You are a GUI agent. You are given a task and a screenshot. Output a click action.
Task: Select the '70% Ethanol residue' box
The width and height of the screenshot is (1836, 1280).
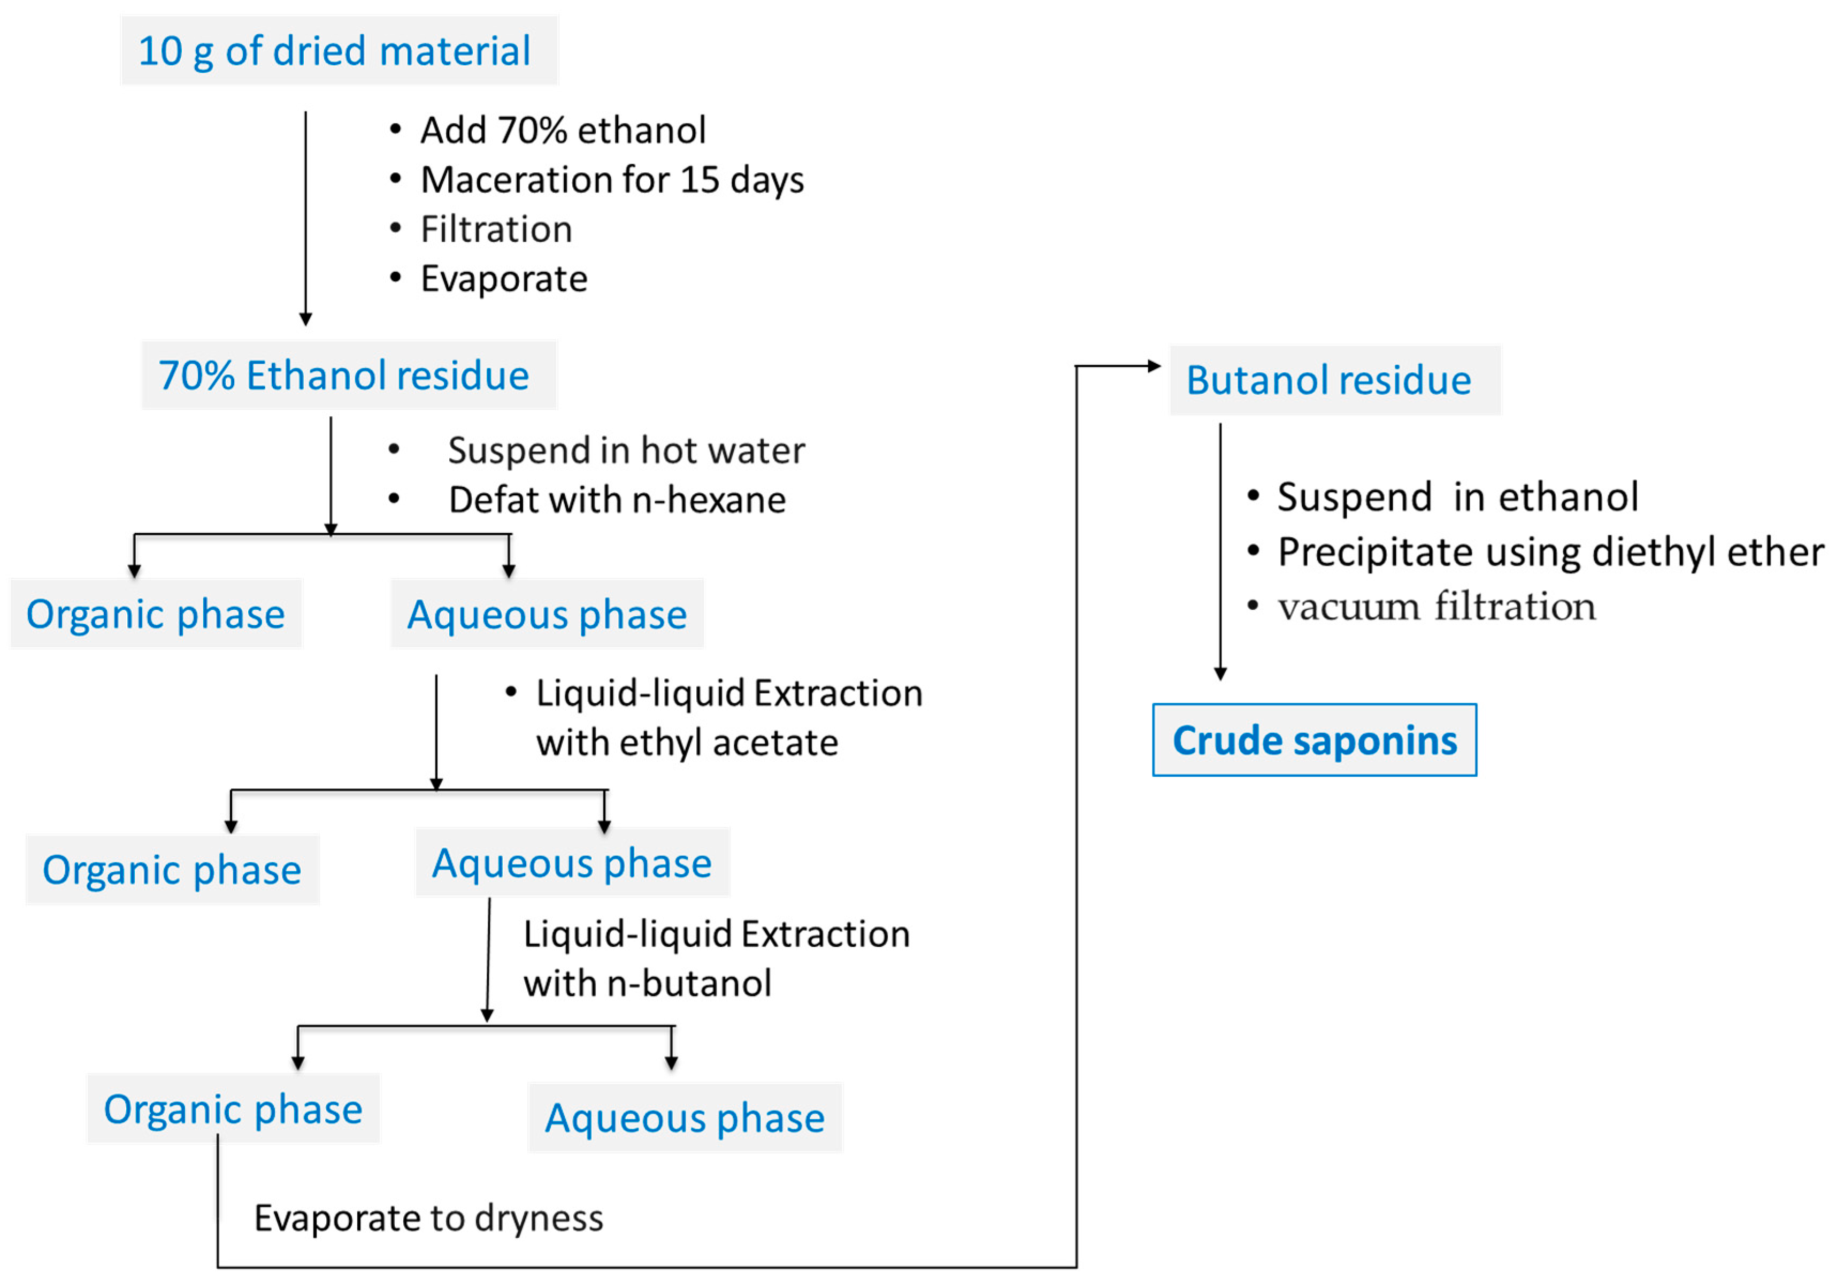349,375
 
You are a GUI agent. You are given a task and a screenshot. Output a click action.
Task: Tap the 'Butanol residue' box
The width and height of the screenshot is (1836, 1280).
1334,380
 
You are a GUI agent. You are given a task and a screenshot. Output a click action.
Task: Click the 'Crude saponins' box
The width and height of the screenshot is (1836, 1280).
1314,740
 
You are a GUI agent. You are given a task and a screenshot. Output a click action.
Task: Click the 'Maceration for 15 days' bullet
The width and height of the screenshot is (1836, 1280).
612,180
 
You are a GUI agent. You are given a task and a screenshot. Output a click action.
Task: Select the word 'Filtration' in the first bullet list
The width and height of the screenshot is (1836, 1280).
496,229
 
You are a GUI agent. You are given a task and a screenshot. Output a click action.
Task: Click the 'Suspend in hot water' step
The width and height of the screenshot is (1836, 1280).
625,450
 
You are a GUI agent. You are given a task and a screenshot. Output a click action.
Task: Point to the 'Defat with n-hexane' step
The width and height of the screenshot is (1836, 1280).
617,500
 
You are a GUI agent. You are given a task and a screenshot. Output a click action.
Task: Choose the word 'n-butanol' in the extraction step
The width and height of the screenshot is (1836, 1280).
689,983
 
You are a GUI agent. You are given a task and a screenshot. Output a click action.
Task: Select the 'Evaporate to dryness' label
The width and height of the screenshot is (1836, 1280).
428,1218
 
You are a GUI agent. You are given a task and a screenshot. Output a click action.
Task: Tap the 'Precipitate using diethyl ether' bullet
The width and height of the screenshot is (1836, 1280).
1550,552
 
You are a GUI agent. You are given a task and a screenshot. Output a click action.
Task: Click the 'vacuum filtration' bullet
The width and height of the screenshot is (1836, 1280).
1436,607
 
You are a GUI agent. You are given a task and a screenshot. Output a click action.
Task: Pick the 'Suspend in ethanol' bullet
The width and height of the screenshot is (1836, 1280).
1457,497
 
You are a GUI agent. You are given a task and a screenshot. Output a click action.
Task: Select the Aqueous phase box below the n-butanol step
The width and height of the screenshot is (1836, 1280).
685,1117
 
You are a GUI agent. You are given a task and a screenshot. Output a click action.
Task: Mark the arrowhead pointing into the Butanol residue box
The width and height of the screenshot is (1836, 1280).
1154,366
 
